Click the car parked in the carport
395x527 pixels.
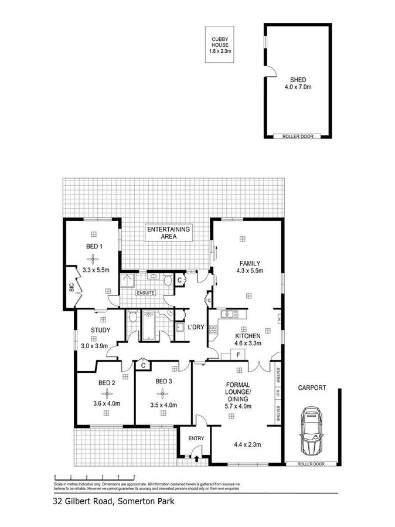tap(311, 433)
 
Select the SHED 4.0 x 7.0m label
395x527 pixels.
tap(298, 83)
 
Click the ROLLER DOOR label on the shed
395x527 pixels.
tap(298, 136)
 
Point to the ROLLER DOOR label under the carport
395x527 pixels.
tap(310, 464)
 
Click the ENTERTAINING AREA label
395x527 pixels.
tap(168, 233)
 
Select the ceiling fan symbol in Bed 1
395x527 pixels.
tap(94, 258)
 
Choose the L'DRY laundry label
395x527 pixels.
tap(196, 328)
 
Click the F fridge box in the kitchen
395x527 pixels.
tap(238, 355)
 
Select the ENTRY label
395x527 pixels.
tap(196, 438)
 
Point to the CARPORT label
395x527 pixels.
tap(311, 387)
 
